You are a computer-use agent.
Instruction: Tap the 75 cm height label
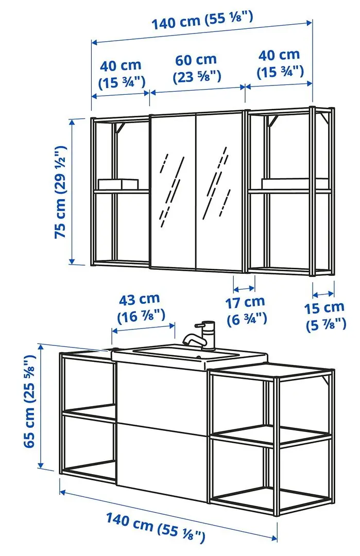pos(61,190)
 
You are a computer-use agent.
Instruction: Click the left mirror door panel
pos(173,190)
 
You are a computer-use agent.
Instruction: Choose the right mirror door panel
pos(220,190)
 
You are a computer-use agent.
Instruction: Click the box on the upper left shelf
pos(118,184)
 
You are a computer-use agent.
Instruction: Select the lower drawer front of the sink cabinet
pos(162,453)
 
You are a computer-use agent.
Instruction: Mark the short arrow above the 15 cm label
pos(324,294)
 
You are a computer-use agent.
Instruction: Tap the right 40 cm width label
pos(280,62)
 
